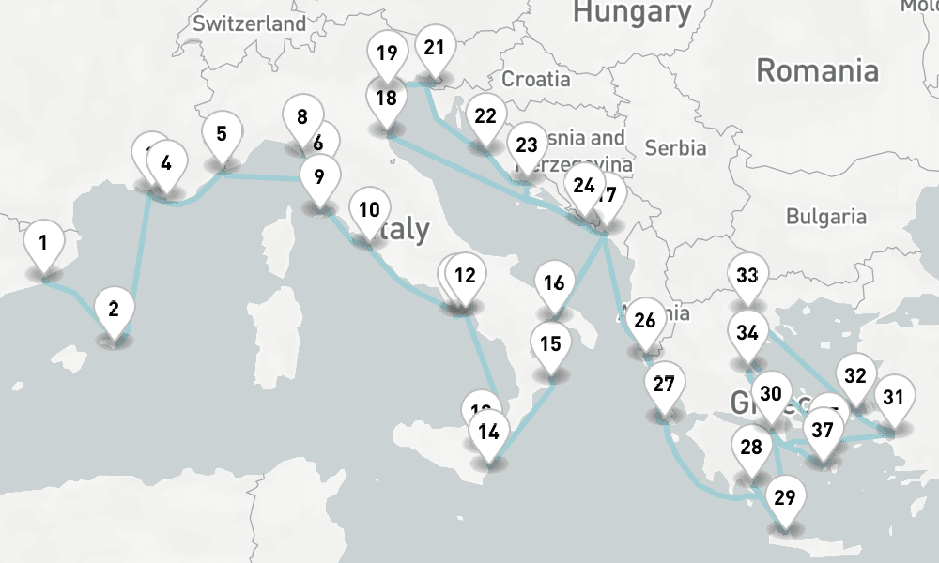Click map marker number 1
tap(43, 244)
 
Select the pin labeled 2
tap(114, 309)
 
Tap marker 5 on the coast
tap(222, 134)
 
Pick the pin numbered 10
tap(370, 209)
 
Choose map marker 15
tap(550, 343)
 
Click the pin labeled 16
tap(554, 283)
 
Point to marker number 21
tap(433, 48)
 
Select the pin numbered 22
tap(485, 117)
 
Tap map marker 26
tap(644, 321)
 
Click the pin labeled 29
tap(786, 497)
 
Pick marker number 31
tap(893, 396)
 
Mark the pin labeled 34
tap(747, 333)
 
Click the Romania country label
tap(817, 70)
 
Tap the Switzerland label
tap(249, 23)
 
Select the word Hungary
tap(631, 12)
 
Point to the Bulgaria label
tap(826, 217)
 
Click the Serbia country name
tap(676, 147)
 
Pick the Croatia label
tap(535, 79)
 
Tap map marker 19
tap(386, 53)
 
